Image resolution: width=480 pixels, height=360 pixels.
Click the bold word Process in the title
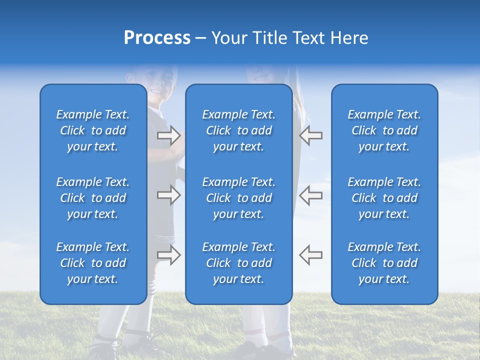coord(157,38)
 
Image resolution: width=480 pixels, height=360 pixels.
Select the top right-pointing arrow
coord(169,135)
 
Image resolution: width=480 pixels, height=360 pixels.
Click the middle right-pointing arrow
coord(169,195)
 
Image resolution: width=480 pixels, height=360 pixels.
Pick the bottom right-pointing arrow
coord(169,255)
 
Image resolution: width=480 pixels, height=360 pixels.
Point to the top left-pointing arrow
coord(310,135)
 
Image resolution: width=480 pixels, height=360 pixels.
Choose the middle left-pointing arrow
coord(310,195)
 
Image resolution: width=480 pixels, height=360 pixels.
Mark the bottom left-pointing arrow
coord(310,255)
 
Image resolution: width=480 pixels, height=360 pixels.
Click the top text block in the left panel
coord(93,130)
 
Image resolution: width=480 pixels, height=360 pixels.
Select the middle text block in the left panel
coord(93,198)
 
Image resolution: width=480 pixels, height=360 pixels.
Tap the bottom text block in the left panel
coord(93,263)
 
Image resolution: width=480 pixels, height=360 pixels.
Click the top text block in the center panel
coord(238,130)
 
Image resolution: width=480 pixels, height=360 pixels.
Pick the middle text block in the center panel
coord(238,198)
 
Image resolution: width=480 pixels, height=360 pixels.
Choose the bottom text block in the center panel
coord(238,263)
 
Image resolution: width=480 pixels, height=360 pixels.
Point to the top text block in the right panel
coord(384,130)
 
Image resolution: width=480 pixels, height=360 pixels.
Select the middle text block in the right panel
coord(384,198)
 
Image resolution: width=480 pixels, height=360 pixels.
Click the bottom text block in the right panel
coord(384,263)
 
